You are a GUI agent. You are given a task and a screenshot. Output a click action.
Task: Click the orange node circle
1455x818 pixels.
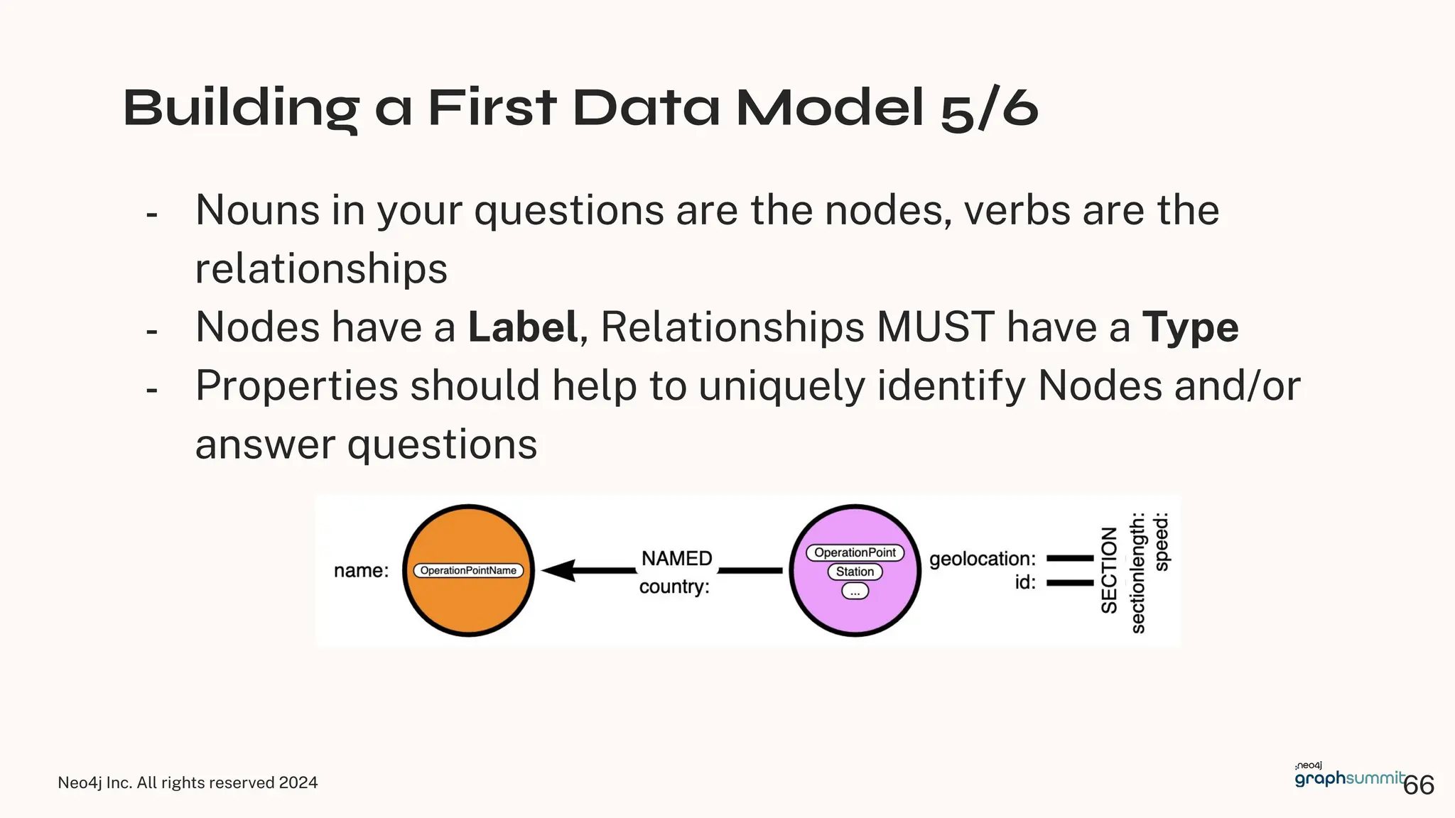(468, 604)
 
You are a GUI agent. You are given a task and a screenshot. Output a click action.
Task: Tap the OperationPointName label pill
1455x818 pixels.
(468, 570)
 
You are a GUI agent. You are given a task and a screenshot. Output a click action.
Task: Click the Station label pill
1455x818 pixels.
(855, 572)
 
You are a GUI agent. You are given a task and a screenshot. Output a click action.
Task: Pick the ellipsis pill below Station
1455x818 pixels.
(855, 591)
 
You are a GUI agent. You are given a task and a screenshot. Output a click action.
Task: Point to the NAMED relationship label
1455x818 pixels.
(676, 558)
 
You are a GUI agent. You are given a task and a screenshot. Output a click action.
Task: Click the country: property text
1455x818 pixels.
(674, 587)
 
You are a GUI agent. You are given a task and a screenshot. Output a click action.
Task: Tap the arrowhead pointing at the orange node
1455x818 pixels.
(558, 570)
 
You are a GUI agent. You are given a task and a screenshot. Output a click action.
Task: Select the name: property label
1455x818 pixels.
(361, 570)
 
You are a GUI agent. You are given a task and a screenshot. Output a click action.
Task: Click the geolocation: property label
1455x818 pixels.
(982, 559)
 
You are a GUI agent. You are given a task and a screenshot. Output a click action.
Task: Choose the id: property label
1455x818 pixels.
(1024, 582)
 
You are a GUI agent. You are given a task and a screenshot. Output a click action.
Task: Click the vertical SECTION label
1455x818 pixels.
(1109, 570)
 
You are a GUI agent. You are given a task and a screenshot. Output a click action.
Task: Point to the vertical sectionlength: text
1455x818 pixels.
(1137, 572)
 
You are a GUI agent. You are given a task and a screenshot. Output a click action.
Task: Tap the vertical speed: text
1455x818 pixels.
(1161, 541)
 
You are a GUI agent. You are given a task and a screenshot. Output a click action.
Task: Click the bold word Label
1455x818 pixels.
(522, 327)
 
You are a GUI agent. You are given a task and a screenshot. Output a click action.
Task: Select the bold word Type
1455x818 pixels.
(1190, 327)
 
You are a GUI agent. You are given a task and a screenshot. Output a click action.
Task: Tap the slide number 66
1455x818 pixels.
(1419, 785)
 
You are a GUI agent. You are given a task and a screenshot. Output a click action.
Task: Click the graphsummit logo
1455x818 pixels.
(1348, 777)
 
